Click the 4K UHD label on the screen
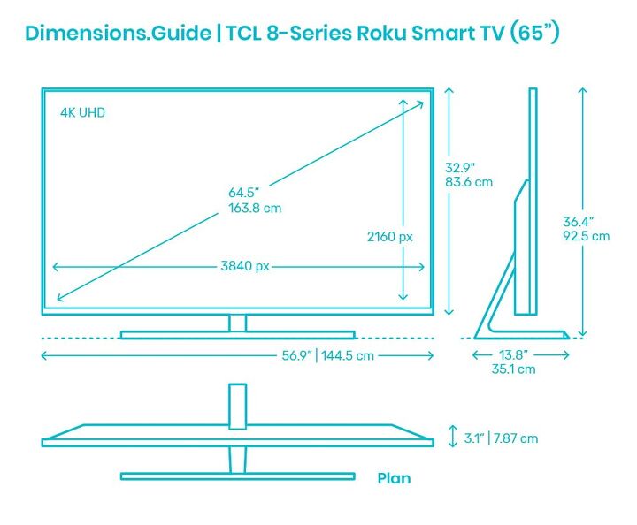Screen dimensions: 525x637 82,112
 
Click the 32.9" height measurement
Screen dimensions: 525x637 460,166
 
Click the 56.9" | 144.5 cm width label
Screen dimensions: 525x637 326,355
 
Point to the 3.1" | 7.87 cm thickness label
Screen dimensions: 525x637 501,437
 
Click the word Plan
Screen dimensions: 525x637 394,478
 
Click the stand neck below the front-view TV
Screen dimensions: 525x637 237,323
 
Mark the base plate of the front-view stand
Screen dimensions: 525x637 237,335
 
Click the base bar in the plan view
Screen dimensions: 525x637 237,476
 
